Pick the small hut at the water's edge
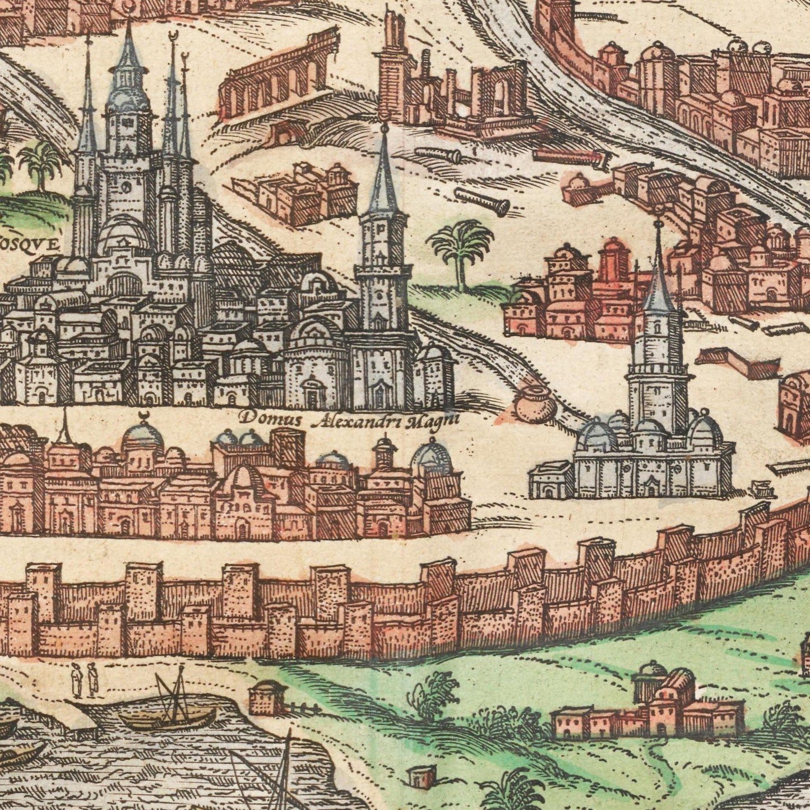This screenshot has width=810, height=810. [x=268, y=698]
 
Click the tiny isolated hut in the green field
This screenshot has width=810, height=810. [x=421, y=777]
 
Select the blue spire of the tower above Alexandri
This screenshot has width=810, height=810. [x=385, y=171]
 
